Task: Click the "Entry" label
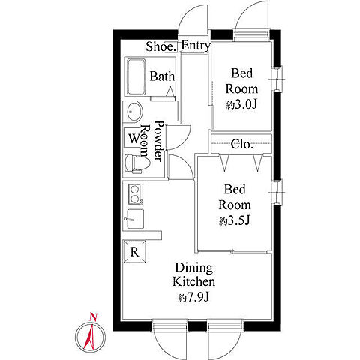click(x=196, y=46)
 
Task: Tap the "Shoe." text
click(x=161, y=46)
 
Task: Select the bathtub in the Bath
click(x=136, y=77)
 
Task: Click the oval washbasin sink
click(x=134, y=112)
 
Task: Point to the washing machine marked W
click(x=133, y=138)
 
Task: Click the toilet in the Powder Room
click(x=136, y=164)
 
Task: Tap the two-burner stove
click(x=136, y=194)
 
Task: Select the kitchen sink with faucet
click(x=134, y=219)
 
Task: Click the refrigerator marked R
click(x=134, y=251)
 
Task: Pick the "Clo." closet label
click(x=241, y=144)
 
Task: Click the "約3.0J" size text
click(x=241, y=105)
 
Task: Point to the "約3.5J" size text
click(x=235, y=220)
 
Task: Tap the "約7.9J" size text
click(x=193, y=297)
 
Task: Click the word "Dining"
click(x=194, y=268)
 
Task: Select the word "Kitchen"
click(x=193, y=281)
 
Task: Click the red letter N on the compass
click(x=93, y=316)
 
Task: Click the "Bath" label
click(x=162, y=76)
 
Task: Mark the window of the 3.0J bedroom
click(x=277, y=79)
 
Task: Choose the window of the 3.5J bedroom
click(x=277, y=193)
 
